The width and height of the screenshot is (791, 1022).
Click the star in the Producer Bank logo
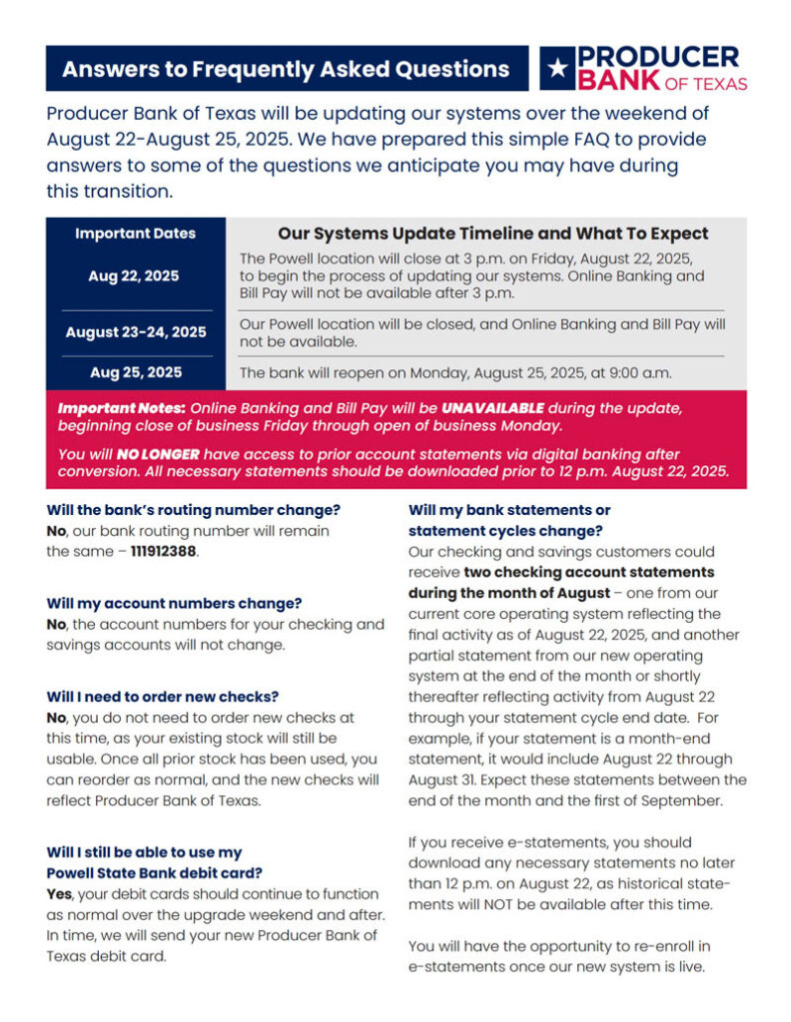pyautogui.click(x=556, y=68)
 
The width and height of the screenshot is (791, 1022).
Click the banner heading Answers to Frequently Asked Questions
pyautogui.click(x=286, y=69)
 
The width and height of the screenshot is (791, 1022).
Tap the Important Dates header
pyautogui.click(x=136, y=234)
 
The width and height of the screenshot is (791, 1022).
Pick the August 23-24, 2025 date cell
pyautogui.click(x=136, y=332)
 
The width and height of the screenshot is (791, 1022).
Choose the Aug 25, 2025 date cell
pyautogui.click(x=136, y=372)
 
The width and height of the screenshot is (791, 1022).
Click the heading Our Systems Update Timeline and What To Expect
pyautogui.click(x=492, y=234)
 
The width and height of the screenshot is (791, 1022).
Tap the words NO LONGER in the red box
pyautogui.click(x=143, y=453)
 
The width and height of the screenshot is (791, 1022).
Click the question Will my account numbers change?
pyautogui.click(x=174, y=604)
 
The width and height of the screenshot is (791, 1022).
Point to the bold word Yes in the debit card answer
pyautogui.click(x=59, y=894)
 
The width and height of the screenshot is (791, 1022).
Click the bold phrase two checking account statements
pyautogui.click(x=589, y=572)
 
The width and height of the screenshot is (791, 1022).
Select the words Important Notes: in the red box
pyautogui.click(x=121, y=408)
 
